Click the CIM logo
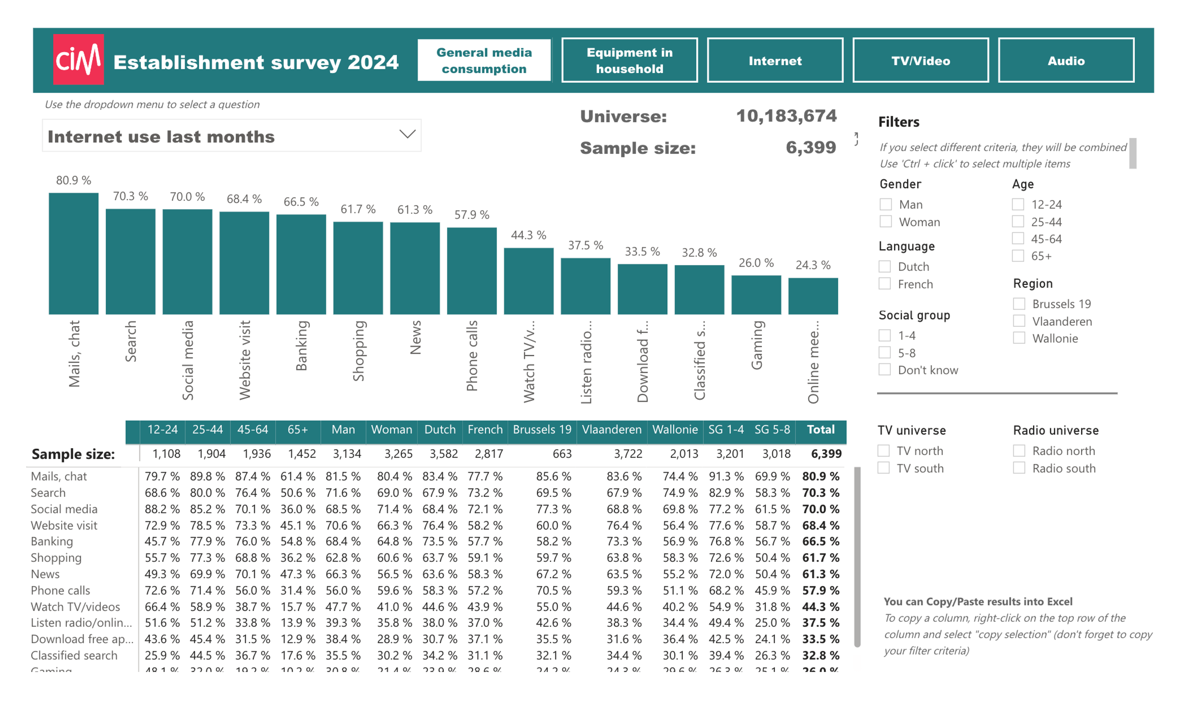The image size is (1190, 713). [78, 59]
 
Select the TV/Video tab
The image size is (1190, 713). [920, 60]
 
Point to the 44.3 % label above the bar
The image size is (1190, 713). [528, 235]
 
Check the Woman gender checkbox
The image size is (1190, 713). [885, 222]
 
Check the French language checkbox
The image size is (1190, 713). [884, 284]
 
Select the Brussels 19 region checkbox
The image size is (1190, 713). [1019, 304]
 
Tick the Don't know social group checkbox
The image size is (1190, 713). [884, 369]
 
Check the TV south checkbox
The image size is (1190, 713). [884, 468]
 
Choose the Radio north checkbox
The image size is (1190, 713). [1019, 450]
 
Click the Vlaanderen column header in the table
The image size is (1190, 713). [611, 429]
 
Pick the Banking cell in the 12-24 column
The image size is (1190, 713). [162, 541]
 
